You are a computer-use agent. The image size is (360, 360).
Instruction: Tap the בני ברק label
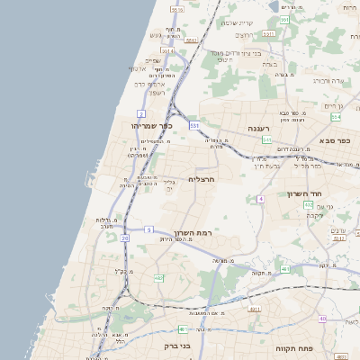pos(178,345)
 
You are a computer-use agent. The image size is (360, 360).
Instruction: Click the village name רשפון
pos(157,92)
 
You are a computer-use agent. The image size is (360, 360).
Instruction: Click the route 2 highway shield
pos(140,113)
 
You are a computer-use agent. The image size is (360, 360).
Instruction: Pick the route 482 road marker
pos(158,278)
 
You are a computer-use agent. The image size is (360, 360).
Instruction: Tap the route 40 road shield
pos(322,319)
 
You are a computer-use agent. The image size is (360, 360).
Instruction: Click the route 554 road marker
pos(336,117)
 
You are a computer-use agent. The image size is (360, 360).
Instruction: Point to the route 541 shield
pos(266,140)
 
